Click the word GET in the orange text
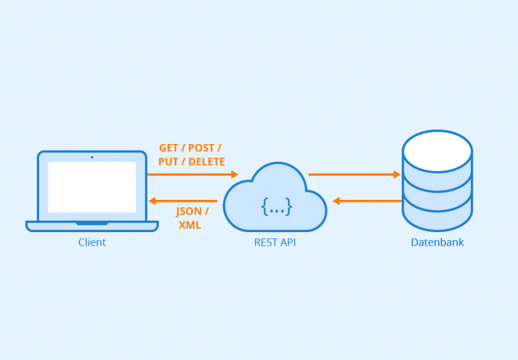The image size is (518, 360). tap(169, 148)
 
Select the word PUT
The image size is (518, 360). tap(168, 161)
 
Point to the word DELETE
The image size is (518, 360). tap(207, 161)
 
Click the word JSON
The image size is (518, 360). tap(188, 211)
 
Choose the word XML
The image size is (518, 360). tap(190, 225)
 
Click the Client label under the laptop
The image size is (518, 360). tap(92, 242)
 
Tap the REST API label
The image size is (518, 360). tap(274, 242)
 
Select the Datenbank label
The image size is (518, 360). tap(437, 242)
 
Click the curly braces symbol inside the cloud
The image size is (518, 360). tap(276, 208)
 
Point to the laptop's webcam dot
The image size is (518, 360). tap(92, 157)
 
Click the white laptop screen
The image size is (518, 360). tap(92, 187)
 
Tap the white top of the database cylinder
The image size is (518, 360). tap(437, 151)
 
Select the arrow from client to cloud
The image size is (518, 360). tap(192, 174)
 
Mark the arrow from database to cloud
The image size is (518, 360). tap(367, 201)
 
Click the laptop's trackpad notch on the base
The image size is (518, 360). tap(92, 223)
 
